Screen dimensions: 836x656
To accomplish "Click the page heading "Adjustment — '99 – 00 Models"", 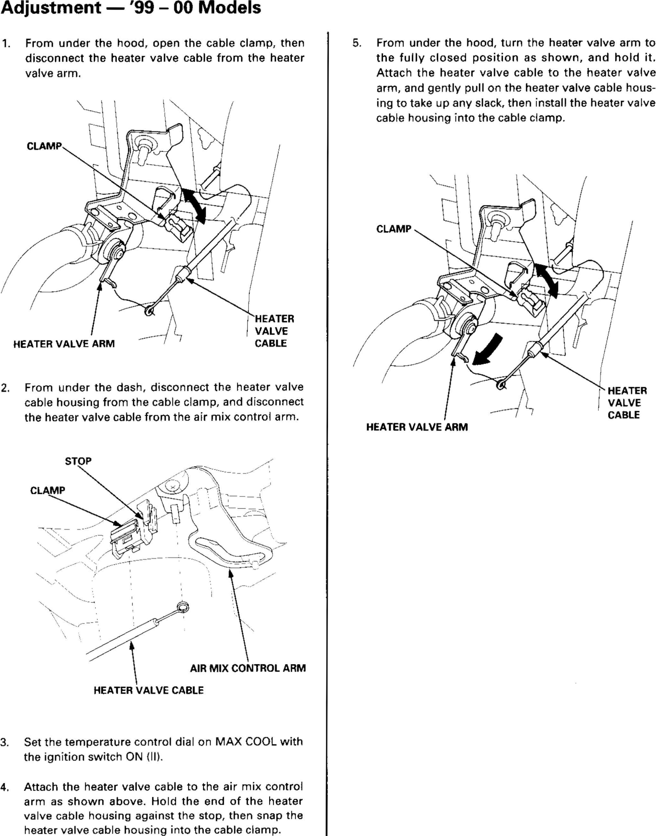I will (131, 8).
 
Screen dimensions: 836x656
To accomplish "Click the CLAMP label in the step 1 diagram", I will (44, 146).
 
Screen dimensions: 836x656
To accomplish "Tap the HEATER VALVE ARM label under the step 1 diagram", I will (64, 344).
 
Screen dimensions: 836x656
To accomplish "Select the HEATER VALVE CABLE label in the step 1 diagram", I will (274, 331).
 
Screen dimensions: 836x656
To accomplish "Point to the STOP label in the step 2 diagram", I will (78, 461).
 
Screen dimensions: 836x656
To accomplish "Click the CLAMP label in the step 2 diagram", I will (48, 490).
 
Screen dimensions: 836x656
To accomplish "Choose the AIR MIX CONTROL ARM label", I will (248, 668).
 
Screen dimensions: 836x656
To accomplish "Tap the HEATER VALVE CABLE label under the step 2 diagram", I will (148, 690).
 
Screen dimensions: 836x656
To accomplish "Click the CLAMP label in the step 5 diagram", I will (394, 229).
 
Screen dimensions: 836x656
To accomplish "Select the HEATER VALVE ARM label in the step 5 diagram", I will (417, 427).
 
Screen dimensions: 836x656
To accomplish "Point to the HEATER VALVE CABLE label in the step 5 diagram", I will (627, 402).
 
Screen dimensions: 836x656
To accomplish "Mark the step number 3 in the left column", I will (4, 742).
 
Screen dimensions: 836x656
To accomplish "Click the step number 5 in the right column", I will (357, 43).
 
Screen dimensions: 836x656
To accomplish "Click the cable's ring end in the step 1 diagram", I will (149, 311).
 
